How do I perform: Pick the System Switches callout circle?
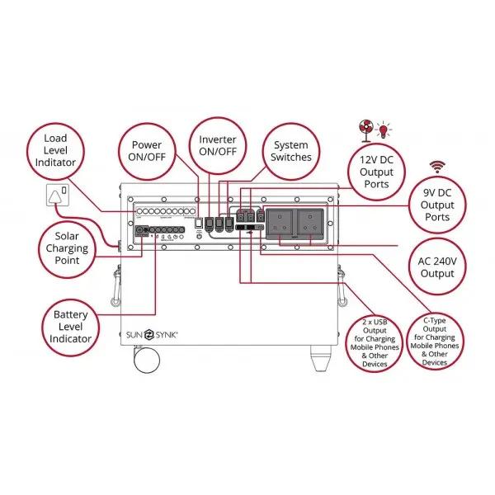point(291,151)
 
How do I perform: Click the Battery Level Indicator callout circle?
point(71,326)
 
